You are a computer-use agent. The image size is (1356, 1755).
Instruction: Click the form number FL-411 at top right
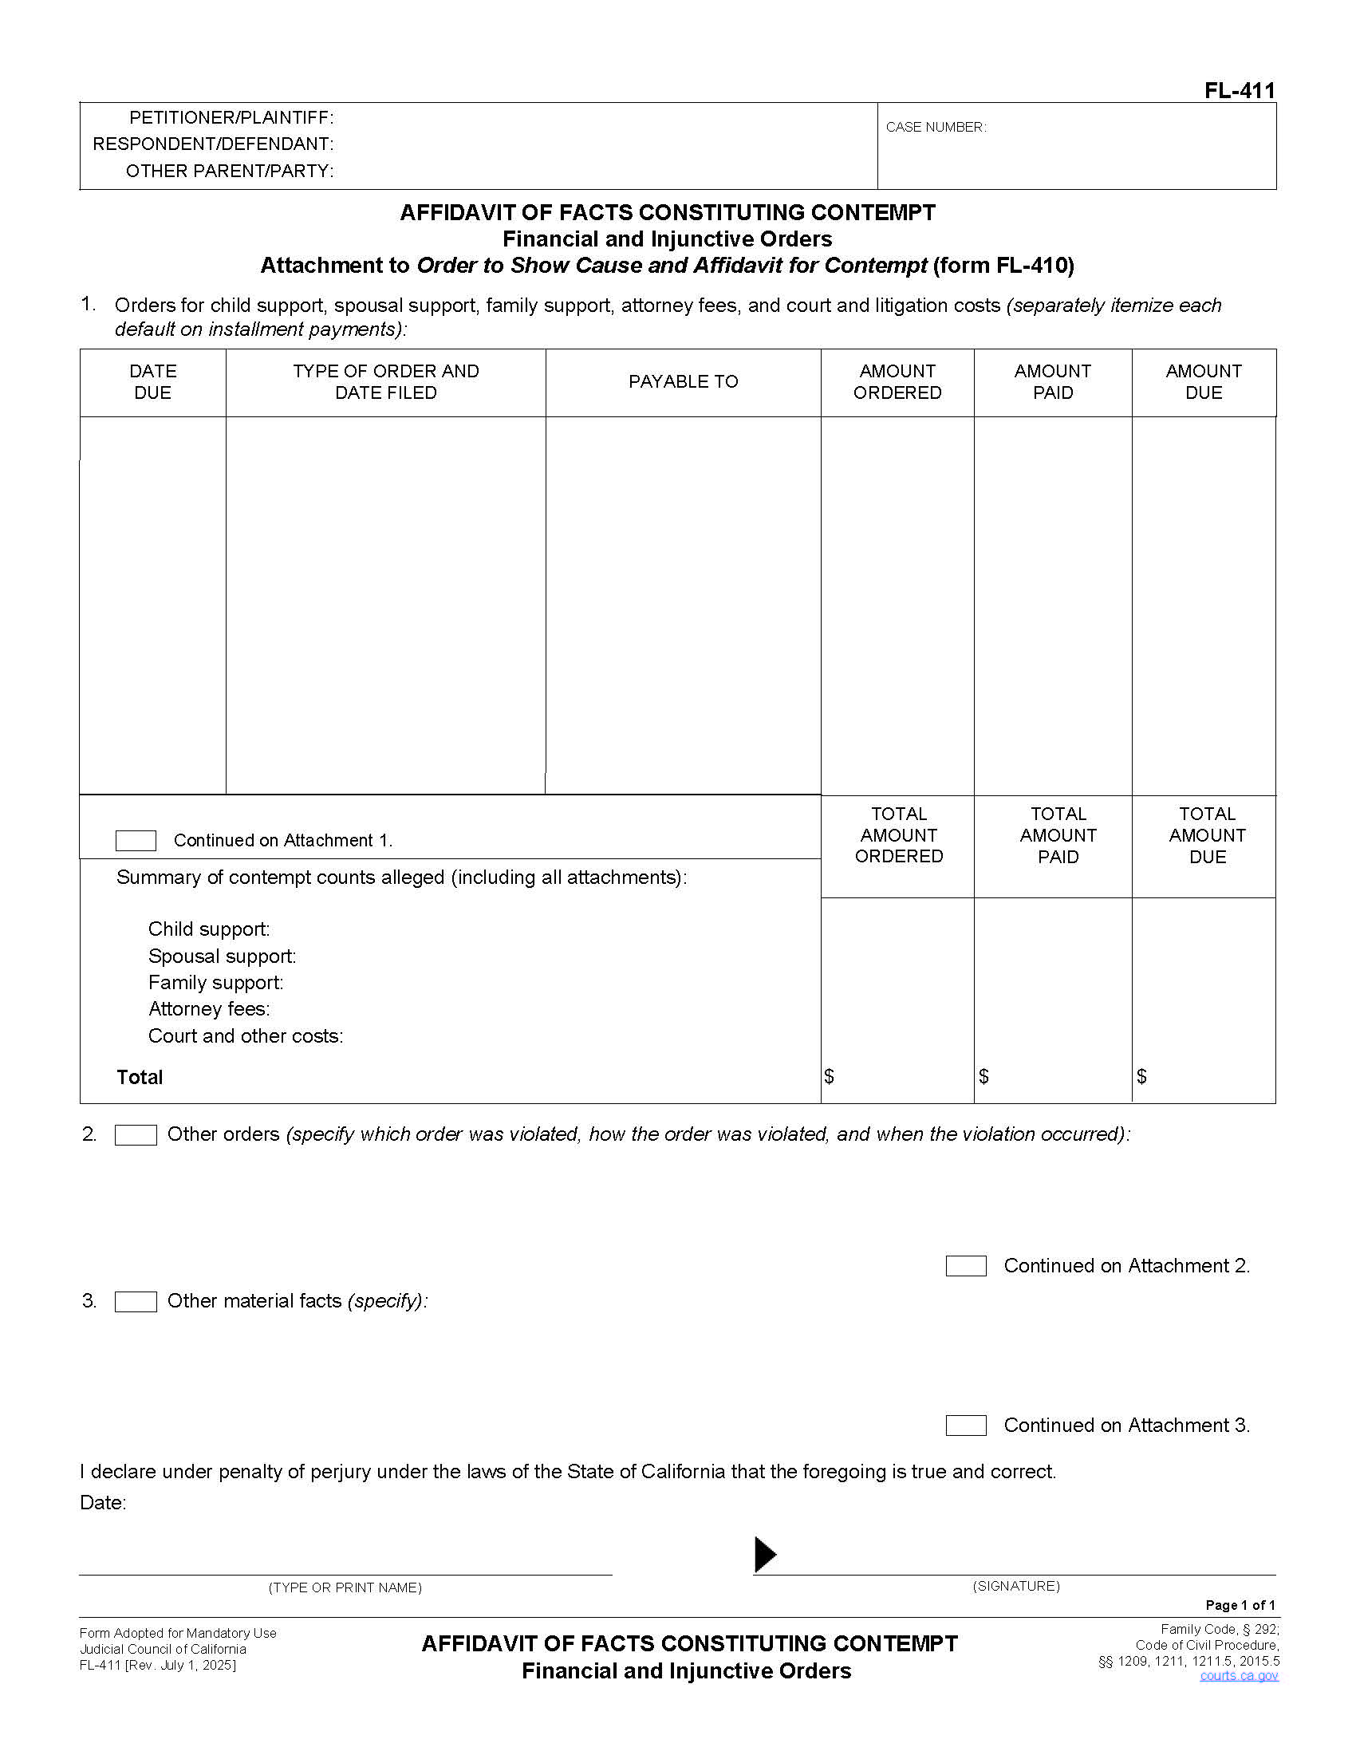1239,90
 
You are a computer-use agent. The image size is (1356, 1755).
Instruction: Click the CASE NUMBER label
935,127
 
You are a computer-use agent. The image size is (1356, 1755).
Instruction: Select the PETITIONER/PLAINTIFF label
231,117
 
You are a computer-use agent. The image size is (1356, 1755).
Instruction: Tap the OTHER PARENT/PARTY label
229,171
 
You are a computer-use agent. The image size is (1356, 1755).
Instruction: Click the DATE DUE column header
152,381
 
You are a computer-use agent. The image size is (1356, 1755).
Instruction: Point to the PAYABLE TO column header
683,381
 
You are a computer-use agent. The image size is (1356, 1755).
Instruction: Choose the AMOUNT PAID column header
1052,381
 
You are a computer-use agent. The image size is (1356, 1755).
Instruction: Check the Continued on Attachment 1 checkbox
136,841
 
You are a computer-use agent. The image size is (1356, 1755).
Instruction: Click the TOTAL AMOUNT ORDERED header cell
898,835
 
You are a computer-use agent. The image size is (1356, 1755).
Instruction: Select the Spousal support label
222,956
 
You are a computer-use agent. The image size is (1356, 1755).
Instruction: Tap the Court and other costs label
245,1035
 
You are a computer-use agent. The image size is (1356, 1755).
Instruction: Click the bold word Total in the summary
140,1078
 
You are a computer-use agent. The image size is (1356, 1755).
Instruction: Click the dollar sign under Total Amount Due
1141,1076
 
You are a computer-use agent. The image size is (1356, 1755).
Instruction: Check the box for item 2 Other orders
136,1134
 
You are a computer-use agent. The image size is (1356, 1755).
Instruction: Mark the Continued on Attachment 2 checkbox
966,1266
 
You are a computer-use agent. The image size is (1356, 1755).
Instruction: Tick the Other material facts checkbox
136,1302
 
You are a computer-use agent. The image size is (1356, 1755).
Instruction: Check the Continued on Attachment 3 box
966,1426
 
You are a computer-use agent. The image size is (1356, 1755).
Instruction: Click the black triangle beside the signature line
765,1554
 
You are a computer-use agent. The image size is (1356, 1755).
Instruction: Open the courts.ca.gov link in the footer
1239,1675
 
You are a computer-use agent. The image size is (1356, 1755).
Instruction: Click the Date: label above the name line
103,1503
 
